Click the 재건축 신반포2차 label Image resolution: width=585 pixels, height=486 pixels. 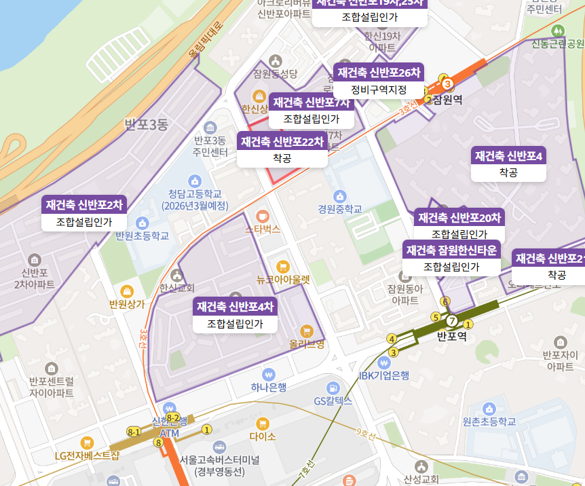(84, 204)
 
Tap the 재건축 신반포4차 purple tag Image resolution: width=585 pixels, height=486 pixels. (236, 307)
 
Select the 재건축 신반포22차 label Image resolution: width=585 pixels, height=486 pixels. (282, 142)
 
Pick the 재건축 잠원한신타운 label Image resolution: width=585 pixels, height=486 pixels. (451, 250)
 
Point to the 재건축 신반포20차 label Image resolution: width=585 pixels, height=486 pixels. (459, 218)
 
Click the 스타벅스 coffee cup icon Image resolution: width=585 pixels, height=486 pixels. (262, 217)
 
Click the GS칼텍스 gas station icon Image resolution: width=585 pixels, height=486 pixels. (333, 388)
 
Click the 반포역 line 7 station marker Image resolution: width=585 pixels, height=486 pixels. (452, 320)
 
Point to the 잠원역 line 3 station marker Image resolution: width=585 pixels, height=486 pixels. (447, 83)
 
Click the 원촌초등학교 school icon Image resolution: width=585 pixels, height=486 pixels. (489, 409)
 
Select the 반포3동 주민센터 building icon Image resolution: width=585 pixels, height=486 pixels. (210, 128)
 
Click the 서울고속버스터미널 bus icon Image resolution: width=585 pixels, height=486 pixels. (219, 447)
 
